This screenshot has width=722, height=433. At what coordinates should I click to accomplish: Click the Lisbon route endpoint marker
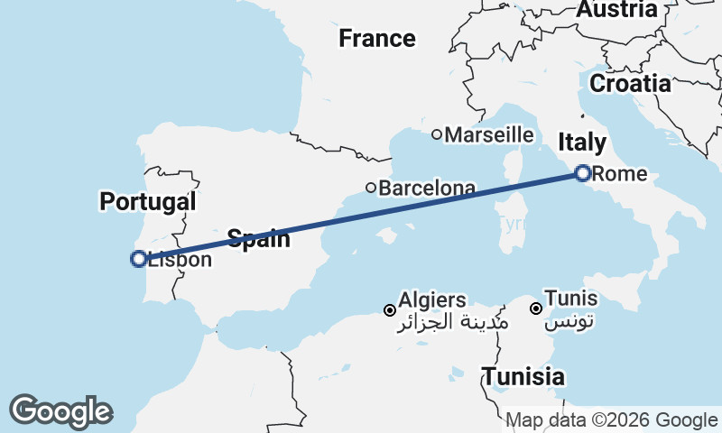(138, 259)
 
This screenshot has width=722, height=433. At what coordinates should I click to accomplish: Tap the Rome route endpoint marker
(583, 172)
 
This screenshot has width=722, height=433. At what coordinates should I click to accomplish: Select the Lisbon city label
(180, 260)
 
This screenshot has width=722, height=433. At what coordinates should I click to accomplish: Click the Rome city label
(621, 173)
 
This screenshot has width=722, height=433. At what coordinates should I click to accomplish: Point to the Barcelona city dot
(371, 188)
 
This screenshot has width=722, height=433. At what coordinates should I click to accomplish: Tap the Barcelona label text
(427, 189)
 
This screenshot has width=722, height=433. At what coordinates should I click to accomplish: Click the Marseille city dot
(437, 134)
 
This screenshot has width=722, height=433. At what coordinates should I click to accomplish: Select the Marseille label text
(490, 134)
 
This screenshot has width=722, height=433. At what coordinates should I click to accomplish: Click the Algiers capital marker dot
(390, 309)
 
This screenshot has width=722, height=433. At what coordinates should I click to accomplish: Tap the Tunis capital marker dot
(536, 309)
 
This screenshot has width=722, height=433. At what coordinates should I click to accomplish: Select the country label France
(377, 39)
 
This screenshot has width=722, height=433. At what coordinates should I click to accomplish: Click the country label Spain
(258, 239)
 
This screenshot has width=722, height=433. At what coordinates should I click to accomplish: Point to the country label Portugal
(148, 201)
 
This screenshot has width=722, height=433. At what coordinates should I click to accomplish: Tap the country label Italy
(582, 142)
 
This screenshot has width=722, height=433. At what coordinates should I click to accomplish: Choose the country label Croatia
(630, 84)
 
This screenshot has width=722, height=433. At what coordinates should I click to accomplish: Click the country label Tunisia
(523, 377)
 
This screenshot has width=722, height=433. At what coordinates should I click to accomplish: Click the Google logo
(60, 411)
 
